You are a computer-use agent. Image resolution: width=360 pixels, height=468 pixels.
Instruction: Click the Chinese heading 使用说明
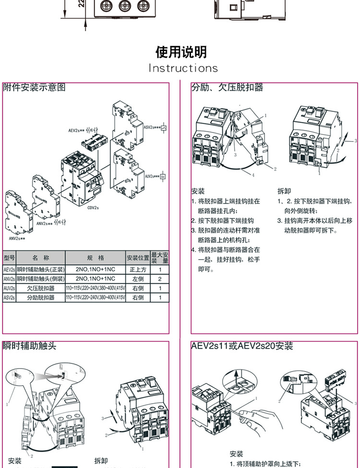181,52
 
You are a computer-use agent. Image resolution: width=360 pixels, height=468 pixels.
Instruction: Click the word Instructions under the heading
183,68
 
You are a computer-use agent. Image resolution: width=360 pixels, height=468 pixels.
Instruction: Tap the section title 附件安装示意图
34,88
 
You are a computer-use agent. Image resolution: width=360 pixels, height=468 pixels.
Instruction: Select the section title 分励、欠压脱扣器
228,88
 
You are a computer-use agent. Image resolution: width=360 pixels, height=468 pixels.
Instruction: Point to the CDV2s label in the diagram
93,208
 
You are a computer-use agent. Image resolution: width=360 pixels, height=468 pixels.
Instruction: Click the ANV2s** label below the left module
17,238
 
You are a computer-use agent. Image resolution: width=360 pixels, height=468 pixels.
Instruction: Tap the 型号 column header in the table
10,258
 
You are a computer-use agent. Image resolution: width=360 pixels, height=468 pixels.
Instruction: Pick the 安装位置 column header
138,258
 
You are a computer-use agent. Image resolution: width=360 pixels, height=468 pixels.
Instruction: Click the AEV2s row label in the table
10,270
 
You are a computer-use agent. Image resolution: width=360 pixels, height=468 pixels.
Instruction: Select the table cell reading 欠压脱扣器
41,288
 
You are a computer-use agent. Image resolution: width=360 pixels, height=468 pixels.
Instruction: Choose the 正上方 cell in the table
138,270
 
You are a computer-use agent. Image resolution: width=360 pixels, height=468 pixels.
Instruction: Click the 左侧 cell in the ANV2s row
138,279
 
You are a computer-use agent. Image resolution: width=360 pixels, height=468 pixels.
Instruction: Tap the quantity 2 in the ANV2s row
160,279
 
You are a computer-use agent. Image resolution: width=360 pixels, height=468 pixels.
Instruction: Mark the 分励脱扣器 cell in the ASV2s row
41,298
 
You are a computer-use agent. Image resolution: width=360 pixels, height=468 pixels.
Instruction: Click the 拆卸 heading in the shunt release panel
284,191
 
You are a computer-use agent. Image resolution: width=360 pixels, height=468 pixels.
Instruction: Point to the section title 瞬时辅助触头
30,346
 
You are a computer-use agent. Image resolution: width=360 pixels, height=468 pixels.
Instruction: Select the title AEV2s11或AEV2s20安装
242,346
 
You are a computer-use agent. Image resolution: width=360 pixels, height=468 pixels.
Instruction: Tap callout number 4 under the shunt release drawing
253,175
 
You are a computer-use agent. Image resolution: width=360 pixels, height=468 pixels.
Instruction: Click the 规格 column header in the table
96,258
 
